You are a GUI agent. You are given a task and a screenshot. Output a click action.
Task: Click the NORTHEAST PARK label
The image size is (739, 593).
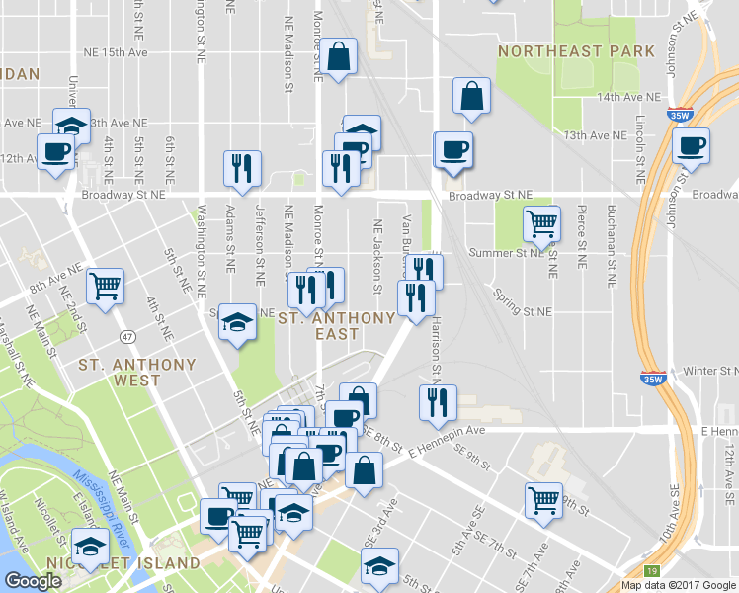point(576,50)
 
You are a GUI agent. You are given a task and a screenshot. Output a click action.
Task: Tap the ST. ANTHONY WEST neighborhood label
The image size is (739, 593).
point(137,372)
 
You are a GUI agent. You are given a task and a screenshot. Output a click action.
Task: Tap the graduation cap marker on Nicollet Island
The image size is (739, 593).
point(89,547)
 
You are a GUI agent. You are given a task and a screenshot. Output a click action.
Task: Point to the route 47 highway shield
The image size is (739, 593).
point(127,338)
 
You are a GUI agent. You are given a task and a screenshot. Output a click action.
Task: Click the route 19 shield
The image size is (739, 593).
point(651,572)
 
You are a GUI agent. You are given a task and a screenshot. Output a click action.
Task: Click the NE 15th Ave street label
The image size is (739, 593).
point(116,51)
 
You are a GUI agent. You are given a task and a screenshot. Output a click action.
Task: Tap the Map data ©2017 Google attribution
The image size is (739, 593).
point(679,585)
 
